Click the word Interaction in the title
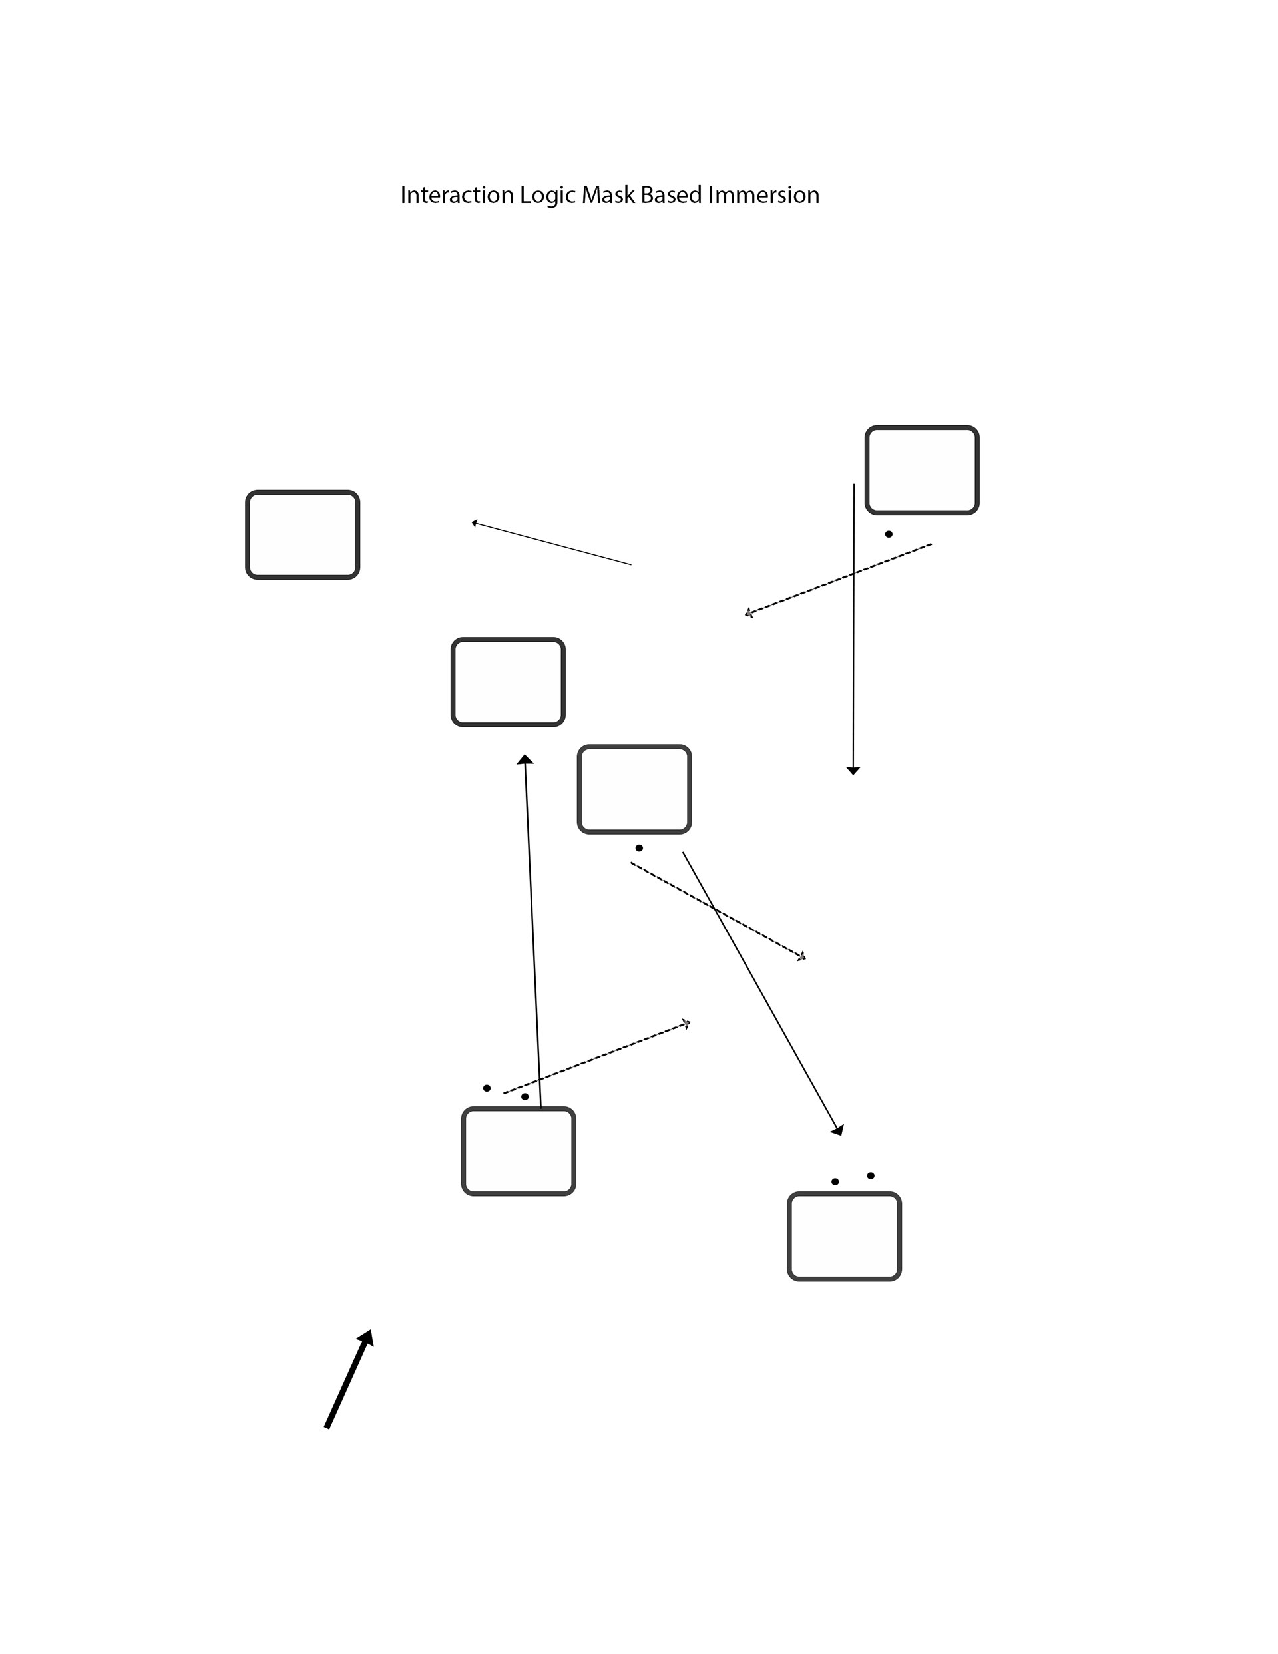457,196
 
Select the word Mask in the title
608,196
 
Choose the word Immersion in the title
763,196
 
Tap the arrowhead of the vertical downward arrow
853,770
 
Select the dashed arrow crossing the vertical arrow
839,578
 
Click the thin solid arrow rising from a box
532,932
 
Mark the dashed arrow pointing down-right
718,911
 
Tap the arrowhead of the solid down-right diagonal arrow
838,1130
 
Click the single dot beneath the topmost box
889,534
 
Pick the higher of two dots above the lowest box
871,1176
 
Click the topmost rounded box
922,471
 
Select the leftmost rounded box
302,535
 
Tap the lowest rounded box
844,1237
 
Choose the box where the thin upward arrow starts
518,1151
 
